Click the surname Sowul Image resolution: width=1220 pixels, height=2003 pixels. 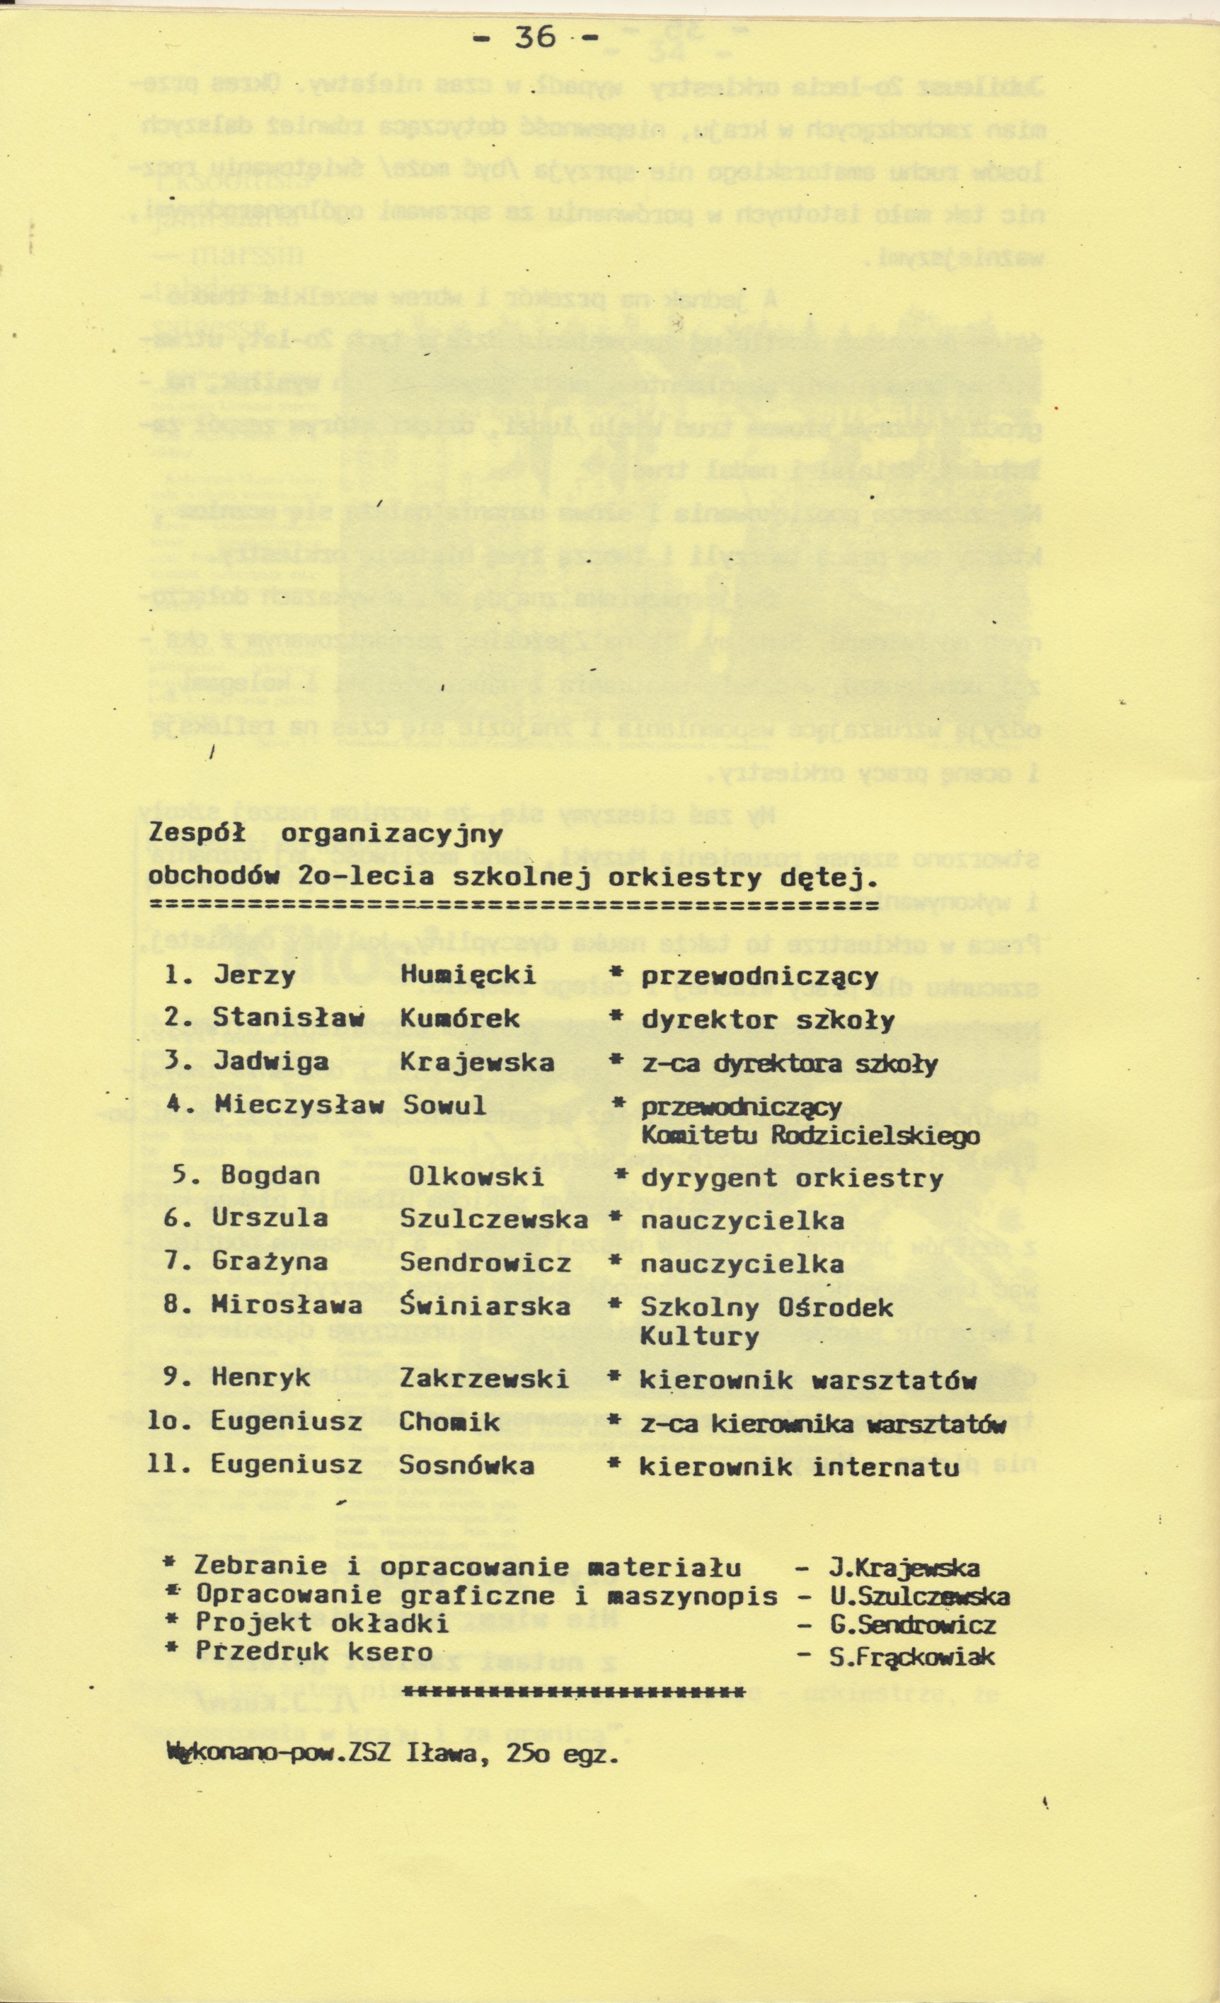(x=444, y=1106)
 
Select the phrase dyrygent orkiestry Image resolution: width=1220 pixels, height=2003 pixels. (x=792, y=1179)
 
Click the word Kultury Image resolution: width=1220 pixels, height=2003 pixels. (x=699, y=1337)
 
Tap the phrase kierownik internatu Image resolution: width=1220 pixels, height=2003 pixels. (x=799, y=1467)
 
